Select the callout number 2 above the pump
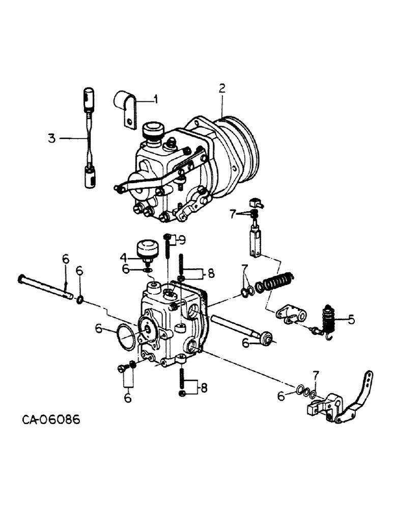(222, 89)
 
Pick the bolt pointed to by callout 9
(167, 249)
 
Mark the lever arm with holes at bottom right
(360, 397)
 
